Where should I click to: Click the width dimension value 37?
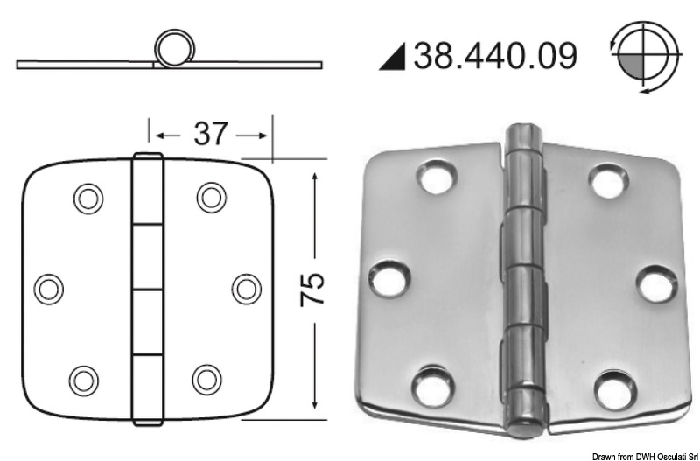[209, 134]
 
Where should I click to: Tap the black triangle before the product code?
[391, 59]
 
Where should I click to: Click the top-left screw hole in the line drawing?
[87, 199]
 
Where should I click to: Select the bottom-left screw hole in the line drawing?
[83, 378]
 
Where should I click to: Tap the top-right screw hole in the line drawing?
[211, 197]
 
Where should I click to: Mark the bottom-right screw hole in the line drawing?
[207, 378]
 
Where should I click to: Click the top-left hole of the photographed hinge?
[434, 177]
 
